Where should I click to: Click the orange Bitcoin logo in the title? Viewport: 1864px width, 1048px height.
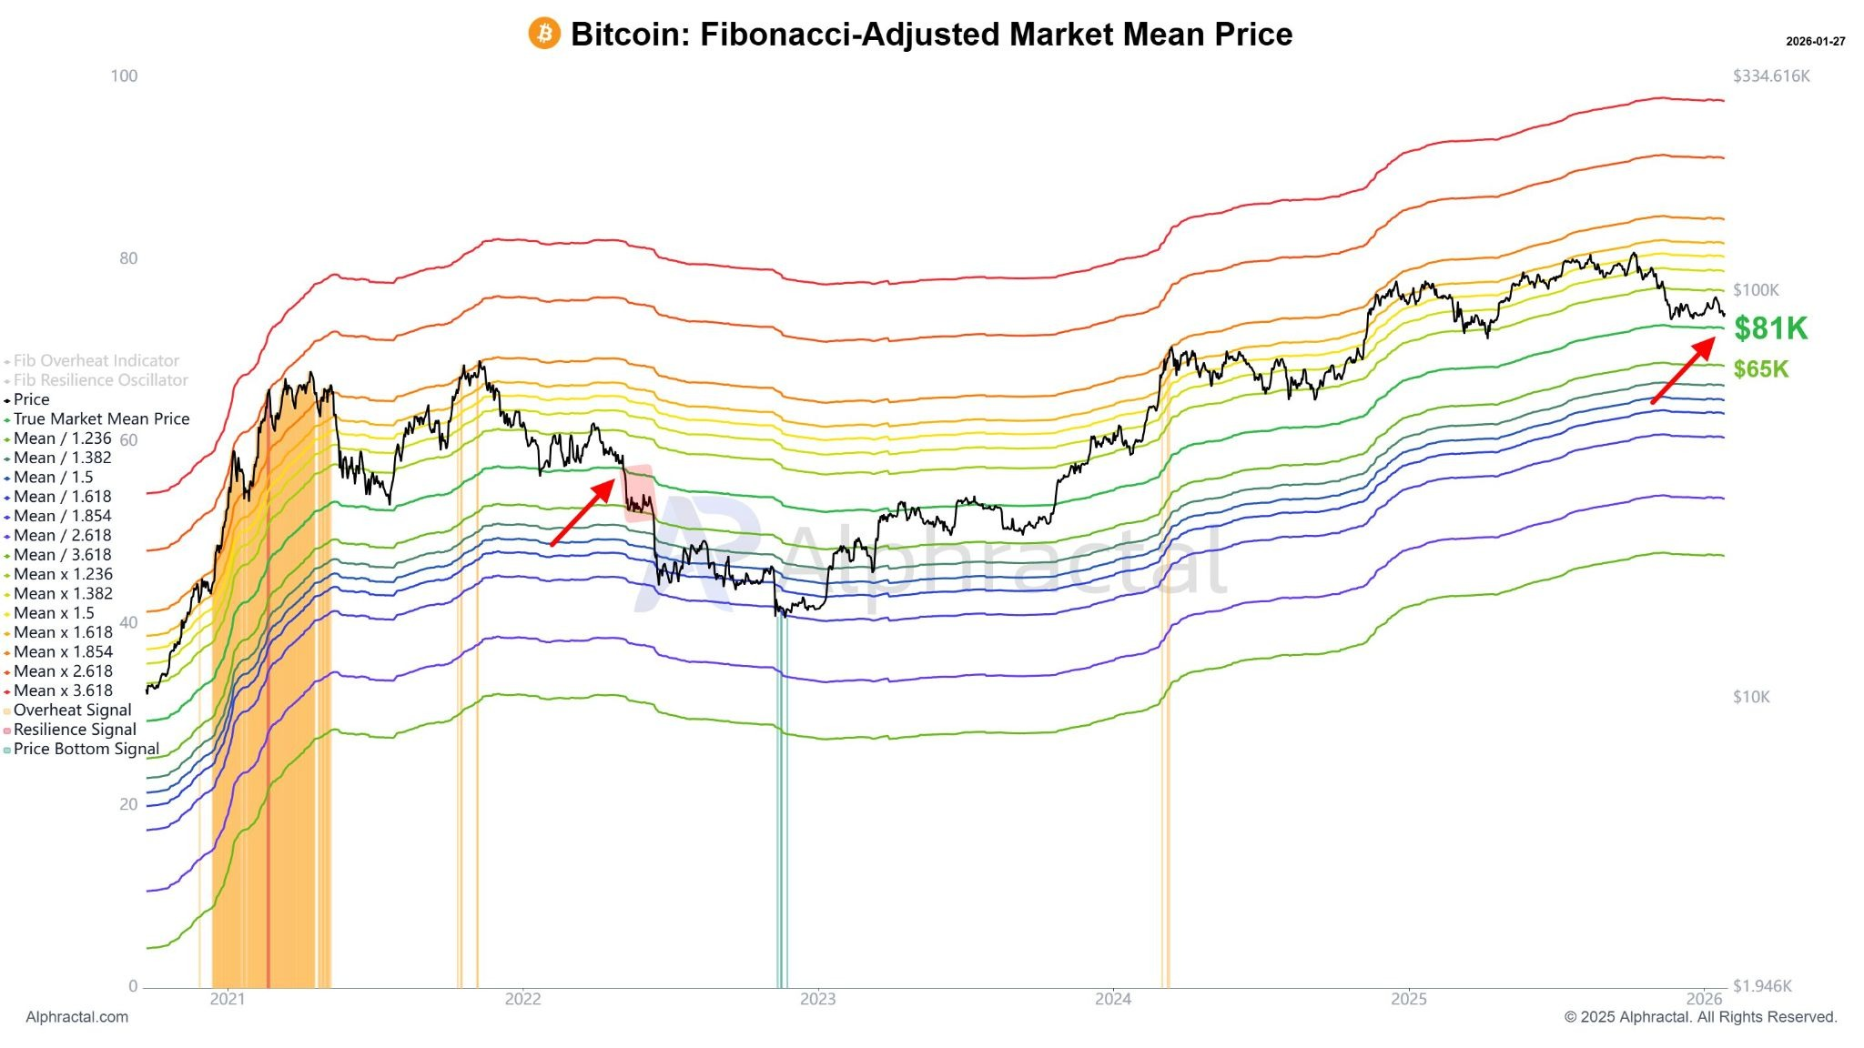coord(544,34)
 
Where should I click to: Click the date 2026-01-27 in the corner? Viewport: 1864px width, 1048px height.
coord(1815,42)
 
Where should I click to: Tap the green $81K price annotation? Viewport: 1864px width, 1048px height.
coord(1770,328)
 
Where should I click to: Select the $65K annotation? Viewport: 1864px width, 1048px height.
coord(1760,369)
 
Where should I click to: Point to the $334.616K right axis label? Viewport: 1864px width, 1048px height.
coord(1770,76)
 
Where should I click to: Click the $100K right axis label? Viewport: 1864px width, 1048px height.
coord(1755,290)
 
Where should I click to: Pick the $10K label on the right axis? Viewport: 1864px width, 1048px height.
coord(1751,697)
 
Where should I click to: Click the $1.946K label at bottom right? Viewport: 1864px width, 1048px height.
coord(1762,986)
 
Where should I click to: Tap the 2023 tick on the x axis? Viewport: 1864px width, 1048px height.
coord(817,999)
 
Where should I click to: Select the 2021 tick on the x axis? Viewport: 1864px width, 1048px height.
coord(228,999)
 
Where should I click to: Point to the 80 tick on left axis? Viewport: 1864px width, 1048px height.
coord(128,258)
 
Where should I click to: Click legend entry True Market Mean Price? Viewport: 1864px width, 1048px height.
coord(101,418)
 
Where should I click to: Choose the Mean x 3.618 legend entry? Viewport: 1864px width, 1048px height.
coord(63,690)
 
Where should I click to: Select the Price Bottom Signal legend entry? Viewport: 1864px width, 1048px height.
coord(86,749)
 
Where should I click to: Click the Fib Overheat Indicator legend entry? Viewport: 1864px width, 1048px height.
coord(96,360)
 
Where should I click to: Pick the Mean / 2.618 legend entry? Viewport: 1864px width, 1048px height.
coord(62,535)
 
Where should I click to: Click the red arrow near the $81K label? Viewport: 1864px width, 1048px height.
coord(1683,370)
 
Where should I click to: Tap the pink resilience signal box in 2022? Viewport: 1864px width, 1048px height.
coord(639,492)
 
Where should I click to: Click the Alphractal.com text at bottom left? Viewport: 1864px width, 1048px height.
coord(77,1017)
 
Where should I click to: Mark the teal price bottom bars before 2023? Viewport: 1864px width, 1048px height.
coord(782,801)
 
